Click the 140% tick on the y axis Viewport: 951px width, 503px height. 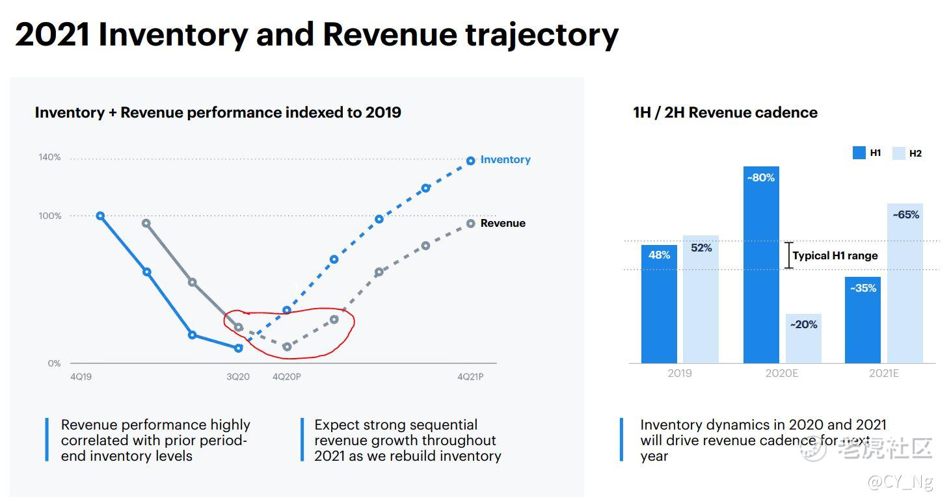click(x=49, y=157)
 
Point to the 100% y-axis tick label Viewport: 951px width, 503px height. click(x=49, y=216)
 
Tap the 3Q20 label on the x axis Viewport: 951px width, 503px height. click(x=238, y=377)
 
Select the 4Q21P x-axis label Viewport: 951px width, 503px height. click(x=470, y=377)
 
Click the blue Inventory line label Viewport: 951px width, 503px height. click(x=505, y=160)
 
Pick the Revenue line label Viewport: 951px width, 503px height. click(x=503, y=224)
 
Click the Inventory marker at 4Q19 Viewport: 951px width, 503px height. click(x=100, y=216)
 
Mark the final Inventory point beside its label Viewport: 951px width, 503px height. click(x=471, y=161)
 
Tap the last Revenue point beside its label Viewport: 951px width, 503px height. click(x=471, y=224)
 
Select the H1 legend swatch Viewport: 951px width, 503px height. click(x=859, y=153)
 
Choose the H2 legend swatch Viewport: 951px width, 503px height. click(x=898, y=153)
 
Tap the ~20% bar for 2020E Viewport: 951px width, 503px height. click(x=803, y=339)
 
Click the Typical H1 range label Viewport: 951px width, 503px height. click(x=835, y=256)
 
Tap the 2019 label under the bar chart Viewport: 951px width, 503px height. click(x=680, y=374)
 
